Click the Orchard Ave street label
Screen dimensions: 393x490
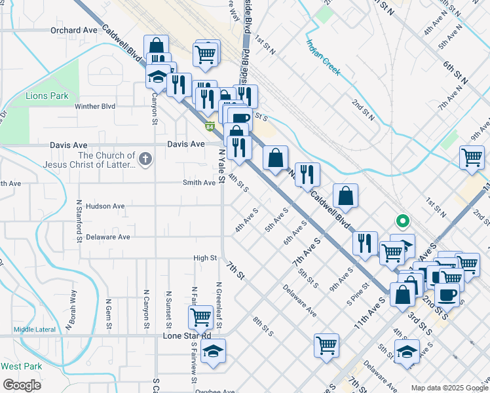(x=73, y=30)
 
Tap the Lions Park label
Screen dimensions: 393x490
(x=47, y=96)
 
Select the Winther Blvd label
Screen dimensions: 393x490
(x=95, y=106)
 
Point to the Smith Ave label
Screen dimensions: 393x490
(x=200, y=183)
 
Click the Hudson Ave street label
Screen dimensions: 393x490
(x=105, y=206)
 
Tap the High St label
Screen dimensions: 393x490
(x=205, y=258)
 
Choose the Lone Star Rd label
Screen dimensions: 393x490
(x=187, y=336)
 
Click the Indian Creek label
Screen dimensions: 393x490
(x=323, y=58)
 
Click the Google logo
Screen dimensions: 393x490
(x=22, y=385)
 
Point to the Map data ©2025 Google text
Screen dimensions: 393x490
(x=449, y=388)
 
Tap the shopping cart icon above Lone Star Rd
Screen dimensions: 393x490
(x=200, y=317)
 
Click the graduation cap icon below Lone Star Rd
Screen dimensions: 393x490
(x=213, y=351)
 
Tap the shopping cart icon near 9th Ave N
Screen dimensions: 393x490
(x=472, y=157)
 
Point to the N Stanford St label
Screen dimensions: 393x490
(x=79, y=221)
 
